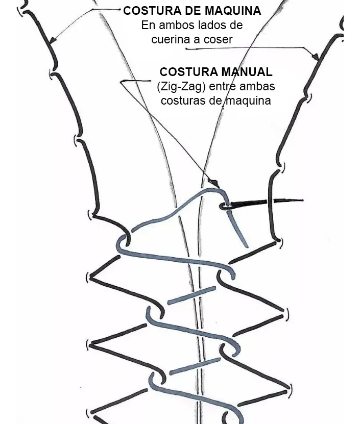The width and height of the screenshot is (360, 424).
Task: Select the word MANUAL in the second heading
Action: point(247,72)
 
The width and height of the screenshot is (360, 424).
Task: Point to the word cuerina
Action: point(171,39)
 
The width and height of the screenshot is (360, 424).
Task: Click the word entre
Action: point(222,87)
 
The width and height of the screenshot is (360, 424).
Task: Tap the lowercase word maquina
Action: point(248,101)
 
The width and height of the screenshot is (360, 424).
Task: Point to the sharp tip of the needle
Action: point(303,201)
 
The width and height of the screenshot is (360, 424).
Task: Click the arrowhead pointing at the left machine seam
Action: point(53,40)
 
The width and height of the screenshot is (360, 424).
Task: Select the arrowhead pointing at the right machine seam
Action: point(316,57)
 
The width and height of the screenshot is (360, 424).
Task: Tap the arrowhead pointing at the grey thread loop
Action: point(215,183)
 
